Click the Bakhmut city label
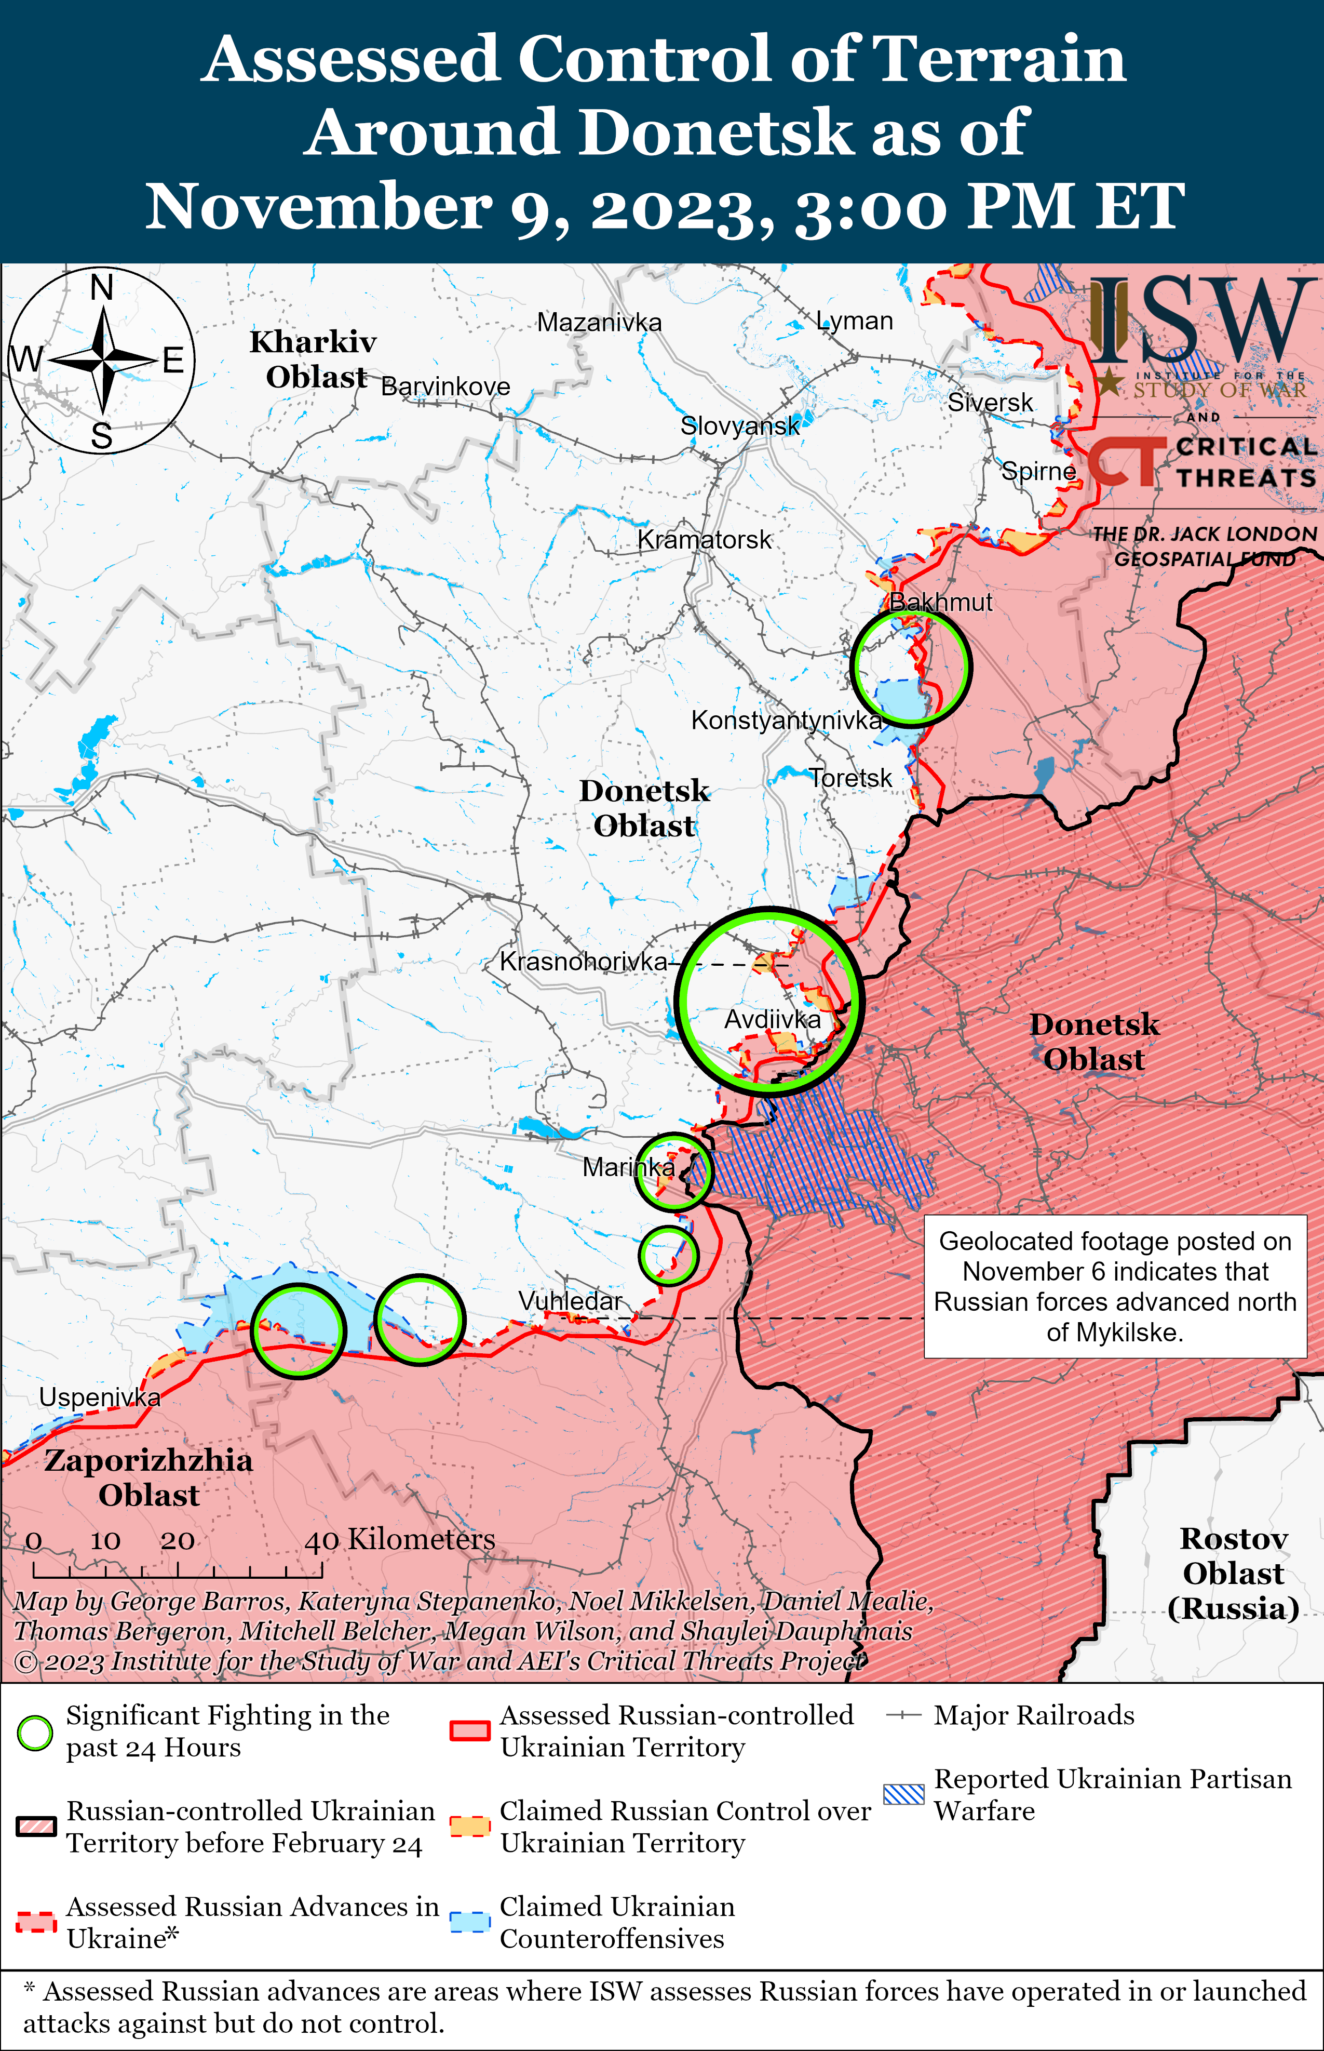tap(940, 602)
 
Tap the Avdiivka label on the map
tap(772, 1020)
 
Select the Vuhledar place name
tap(570, 1301)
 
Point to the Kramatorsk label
tap(704, 540)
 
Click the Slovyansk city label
tap(739, 425)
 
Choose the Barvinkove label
tap(445, 387)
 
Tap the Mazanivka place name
tap(599, 323)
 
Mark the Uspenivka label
tap(100, 1397)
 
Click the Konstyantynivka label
tap(786, 721)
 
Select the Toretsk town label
tap(850, 778)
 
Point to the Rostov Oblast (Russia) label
tap(1233, 1573)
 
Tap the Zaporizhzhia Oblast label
tap(148, 1477)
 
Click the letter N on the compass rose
tap(102, 288)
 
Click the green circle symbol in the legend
tap(35, 1733)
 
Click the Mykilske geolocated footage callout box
tap(1115, 1286)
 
